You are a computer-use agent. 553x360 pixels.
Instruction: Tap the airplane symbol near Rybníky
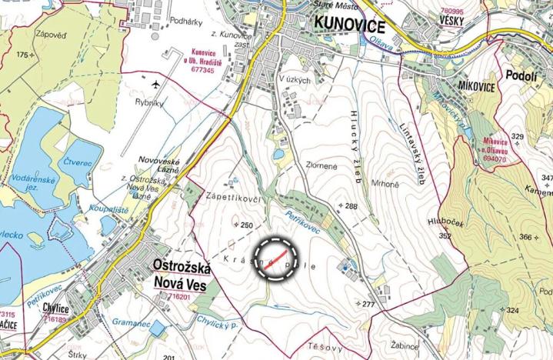click(x=156, y=83)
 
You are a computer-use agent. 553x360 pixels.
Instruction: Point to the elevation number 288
click(x=352, y=206)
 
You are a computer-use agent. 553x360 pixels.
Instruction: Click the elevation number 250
click(x=246, y=225)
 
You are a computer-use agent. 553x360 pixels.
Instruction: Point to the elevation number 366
click(x=526, y=237)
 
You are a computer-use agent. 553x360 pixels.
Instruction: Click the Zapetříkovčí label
click(x=232, y=198)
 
